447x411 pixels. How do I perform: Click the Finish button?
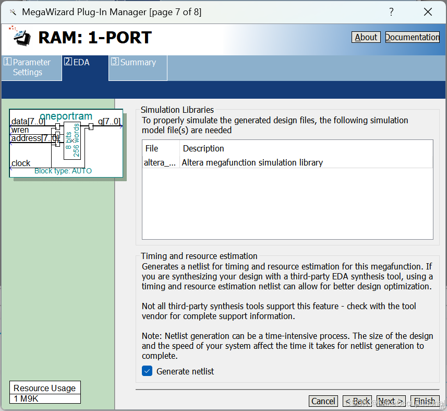(x=425, y=401)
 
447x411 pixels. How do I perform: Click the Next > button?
(x=391, y=401)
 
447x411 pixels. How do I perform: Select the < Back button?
(x=357, y=401)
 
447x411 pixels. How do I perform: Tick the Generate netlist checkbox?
(x=147, y=371)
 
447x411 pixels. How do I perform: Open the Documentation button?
(x=412, y=37)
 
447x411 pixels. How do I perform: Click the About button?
(x=366, y=37)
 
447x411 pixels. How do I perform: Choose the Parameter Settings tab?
(x=31, y=67)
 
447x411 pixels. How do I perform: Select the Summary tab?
(x=138, y=63)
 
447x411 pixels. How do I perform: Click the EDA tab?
(x=84, y=63)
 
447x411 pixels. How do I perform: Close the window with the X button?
(x=428, y=12)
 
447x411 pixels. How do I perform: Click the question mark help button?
(x=391, y=12)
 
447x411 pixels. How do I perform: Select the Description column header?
(x=203, y=148)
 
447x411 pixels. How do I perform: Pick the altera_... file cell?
(x=160, y=162)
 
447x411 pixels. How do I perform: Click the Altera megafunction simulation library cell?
(x=252, y=162)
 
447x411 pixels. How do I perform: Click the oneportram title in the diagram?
(x=66, y=116)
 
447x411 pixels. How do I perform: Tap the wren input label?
(x=20, y=130)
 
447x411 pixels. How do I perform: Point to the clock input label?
(x=21, y=163)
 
